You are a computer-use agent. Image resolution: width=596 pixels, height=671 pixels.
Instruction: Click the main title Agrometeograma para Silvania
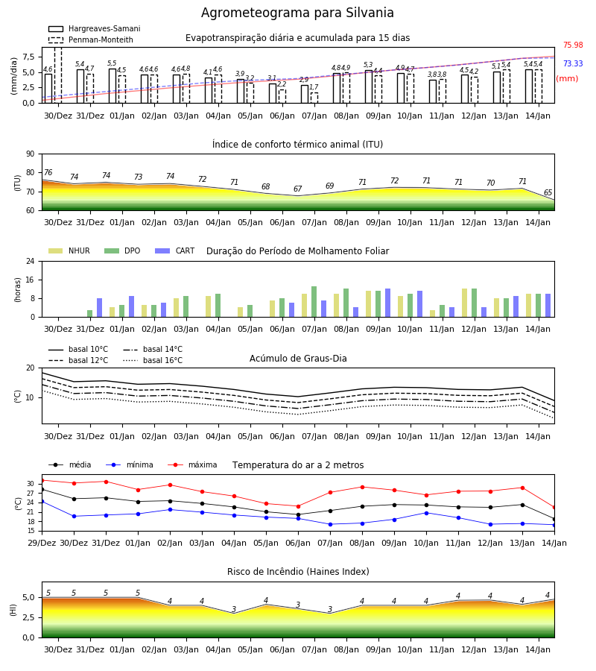point(297,13)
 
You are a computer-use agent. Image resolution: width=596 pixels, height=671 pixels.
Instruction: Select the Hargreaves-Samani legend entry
point(94,28)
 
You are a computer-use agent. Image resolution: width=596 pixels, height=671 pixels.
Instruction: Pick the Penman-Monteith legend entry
point(91,40)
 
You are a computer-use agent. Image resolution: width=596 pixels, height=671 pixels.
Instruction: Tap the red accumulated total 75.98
point(573,45)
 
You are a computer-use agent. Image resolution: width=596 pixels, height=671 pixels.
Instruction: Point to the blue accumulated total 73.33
point(573,64)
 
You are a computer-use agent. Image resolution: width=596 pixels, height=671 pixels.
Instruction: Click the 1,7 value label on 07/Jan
point(314,87)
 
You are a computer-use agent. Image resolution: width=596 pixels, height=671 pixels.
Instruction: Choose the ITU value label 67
point(297,189)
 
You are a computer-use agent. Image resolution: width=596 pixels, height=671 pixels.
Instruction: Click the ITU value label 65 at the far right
point(548,192)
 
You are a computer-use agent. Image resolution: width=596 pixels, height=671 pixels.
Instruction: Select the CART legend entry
point(175,251)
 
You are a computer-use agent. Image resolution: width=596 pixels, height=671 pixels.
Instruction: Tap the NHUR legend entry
point(69,251)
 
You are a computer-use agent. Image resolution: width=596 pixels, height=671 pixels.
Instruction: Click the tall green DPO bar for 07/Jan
point(314,302)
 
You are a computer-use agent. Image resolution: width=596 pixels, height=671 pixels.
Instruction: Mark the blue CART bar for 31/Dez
point(100,308)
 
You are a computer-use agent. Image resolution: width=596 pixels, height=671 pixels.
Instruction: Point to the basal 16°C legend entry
point(153,360)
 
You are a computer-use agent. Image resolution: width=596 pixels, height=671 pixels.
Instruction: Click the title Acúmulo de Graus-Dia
point(298,358)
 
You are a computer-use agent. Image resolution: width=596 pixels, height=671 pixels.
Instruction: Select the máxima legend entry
point(192,464)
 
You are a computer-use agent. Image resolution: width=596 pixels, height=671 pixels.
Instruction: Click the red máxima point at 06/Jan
point(299,506)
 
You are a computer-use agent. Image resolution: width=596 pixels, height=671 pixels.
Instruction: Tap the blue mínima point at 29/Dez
point(42,501)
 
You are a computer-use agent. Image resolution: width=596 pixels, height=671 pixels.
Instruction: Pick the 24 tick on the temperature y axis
point(31,503)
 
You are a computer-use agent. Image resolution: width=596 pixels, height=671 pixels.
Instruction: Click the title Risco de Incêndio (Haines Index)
point(298,571)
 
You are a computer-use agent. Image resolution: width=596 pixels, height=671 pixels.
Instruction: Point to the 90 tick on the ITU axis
point(31,154)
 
